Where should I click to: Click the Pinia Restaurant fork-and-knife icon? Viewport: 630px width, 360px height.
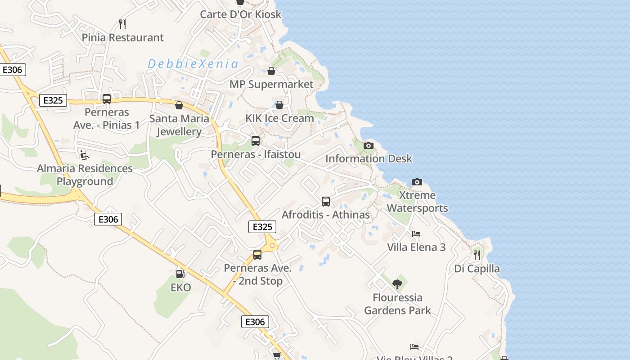pos(122,24)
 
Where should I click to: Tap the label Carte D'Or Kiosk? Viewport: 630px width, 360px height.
pos(241,14)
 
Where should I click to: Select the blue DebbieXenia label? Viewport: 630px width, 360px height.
pos(193,64)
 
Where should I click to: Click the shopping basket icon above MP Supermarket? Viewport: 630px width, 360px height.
pos(271,71)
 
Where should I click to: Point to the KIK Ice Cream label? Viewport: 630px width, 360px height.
pos(279,118)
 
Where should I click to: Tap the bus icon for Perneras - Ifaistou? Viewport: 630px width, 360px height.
pos(256,141)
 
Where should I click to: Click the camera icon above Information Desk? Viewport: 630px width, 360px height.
pos(369,145)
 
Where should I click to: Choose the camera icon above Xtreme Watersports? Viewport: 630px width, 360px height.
pos(417,182)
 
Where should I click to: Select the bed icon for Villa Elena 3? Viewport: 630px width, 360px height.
pos(416,234)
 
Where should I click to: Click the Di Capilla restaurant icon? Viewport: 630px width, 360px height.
pos(477,255)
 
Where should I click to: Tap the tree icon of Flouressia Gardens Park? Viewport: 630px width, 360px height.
pos(397,284)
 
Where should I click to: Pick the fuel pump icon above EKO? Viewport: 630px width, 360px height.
pos(180,274)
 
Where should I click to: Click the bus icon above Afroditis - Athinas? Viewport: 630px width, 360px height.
pos(326,202)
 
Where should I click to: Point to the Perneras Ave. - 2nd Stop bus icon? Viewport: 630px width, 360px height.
pos(257,255)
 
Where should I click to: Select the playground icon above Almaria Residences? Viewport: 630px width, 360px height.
pos(85,155)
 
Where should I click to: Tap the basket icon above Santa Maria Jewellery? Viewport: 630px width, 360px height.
pos(179,105)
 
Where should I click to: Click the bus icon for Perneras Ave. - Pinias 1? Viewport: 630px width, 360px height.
pos(107,99)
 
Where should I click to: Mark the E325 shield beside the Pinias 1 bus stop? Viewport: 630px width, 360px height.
pos(53,100)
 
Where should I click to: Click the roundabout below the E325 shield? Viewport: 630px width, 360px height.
pos(272,246)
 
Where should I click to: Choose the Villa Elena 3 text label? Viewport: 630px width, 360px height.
pos(416,247)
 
